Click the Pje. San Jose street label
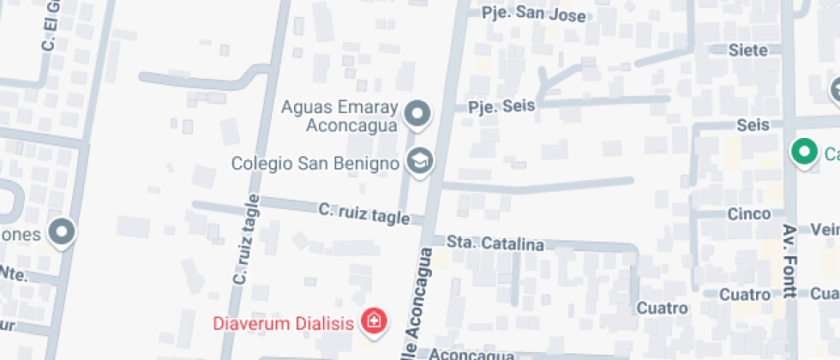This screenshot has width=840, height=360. point(533,15)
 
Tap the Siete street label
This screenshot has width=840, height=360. point(747,50)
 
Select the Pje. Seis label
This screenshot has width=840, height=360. point(501,106)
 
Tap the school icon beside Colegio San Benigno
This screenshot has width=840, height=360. point(419,160)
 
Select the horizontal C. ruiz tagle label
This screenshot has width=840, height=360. point(364,213)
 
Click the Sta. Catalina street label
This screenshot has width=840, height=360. point(495,243)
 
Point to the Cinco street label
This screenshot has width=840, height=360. point(749,213)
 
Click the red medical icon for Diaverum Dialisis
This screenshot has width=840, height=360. point(373,322)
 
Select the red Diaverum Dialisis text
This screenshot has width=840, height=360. point(284,324)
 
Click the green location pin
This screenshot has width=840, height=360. point(804,153)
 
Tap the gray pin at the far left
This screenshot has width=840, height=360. point(62,231)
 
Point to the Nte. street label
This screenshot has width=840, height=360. point(14,273)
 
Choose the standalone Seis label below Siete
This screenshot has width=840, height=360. point(753,125)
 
